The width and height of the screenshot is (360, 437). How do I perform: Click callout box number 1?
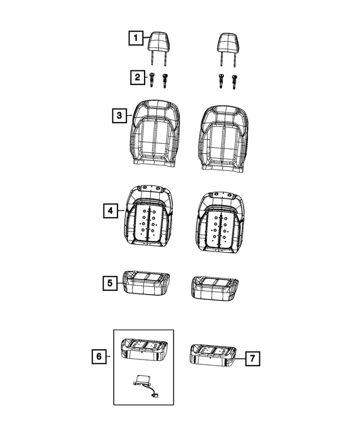(x=136, y=38)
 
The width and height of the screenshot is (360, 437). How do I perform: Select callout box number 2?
(x=138, y=77)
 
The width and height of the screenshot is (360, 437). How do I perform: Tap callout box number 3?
(x=119, y=115)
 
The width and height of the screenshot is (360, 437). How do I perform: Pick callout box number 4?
(x=111, y=211)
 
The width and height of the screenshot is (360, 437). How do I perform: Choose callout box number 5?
(x=110, y=283)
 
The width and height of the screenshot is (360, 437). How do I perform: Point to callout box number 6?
(x=99, y=357)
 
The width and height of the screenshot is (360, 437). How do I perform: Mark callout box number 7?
(x=253, y=358)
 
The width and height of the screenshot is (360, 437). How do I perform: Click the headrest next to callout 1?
(x=159, y=49)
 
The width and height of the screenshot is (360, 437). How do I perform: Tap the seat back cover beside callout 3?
(x=154, y=133)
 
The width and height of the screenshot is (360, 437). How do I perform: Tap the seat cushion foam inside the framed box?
(x=144, y=349)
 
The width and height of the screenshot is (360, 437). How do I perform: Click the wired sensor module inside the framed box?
(x=145, y=386)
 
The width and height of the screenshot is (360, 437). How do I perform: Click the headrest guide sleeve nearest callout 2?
(x=151, y=80)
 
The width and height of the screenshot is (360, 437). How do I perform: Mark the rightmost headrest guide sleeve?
(x=233, y=82)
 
